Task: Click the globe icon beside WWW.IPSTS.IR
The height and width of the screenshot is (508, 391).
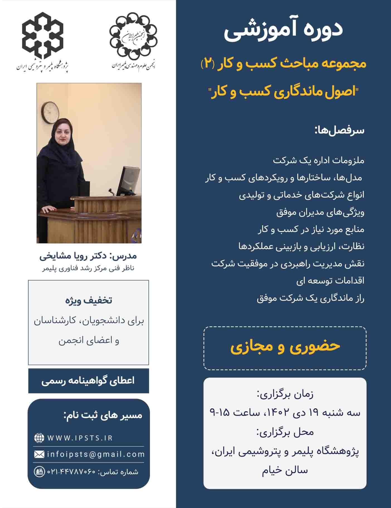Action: [39, 438]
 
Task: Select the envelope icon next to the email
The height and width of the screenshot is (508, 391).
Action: [39, 455]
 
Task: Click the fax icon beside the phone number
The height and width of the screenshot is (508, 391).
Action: [39, 472]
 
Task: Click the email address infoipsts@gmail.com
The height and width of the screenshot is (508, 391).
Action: [96, 454]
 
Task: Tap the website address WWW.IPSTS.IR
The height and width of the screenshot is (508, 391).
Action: [80, 438]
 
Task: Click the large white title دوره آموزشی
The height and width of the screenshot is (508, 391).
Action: [283, 30]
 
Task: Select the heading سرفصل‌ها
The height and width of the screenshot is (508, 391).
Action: [339, 131]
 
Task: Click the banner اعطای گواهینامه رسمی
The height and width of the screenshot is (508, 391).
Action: [88, 381]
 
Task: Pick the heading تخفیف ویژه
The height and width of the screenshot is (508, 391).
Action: [89, 300]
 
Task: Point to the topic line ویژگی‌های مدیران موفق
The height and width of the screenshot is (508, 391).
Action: [320, 212]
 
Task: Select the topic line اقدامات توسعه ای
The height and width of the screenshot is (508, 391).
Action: [330, 281]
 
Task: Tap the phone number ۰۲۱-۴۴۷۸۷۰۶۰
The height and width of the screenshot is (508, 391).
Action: [71, 472]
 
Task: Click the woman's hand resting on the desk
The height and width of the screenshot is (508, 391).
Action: [50, 209]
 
